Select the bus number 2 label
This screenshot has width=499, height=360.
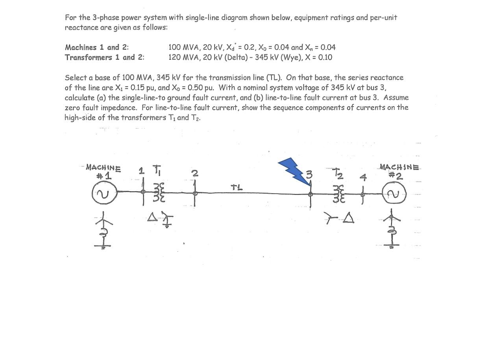(195, 173)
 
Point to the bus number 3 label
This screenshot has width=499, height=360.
(309, 174)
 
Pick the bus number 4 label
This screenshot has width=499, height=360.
(363, 177)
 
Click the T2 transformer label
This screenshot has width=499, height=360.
(338, 173)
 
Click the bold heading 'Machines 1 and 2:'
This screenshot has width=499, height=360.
(97, 47)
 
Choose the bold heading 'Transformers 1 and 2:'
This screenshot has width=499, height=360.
(105, 57)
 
